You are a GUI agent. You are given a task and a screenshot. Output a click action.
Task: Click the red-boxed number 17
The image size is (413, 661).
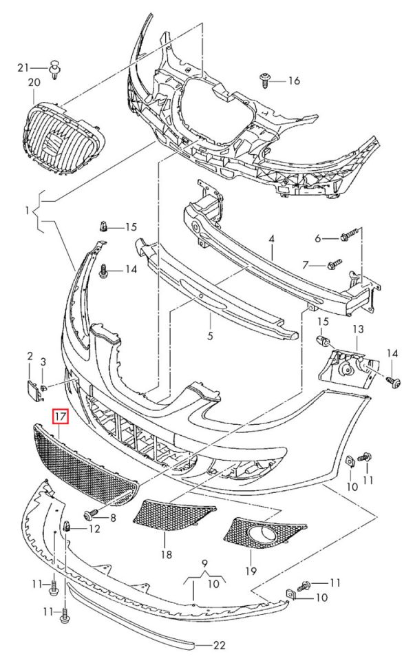point(59,417)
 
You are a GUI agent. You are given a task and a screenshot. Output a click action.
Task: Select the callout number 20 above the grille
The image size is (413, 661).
point(34,82)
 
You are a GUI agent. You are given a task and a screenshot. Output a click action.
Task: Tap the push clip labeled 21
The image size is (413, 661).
point(55,70)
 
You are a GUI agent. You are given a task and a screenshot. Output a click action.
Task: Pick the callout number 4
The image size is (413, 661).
point(272,239)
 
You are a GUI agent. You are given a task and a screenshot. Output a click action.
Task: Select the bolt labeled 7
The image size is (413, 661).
point(335,264)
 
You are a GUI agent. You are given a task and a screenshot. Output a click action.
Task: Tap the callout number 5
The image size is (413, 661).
point(211,335)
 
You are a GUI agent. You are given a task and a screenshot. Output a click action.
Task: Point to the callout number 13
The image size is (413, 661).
point(358,329)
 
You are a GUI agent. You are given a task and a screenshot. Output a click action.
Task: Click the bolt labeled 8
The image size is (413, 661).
point(91,514)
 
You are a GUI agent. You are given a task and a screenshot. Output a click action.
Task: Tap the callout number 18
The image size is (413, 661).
point(167,554)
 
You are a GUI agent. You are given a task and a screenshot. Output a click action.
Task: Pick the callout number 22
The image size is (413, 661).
point(219,645)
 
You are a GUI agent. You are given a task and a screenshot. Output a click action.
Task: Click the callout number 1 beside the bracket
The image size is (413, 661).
point(27,209)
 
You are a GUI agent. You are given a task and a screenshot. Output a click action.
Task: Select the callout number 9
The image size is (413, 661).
point(205,563)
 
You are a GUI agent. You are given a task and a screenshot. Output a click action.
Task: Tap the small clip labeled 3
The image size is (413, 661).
point(44,386)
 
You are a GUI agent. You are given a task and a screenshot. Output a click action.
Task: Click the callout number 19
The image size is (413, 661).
point(251,571)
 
